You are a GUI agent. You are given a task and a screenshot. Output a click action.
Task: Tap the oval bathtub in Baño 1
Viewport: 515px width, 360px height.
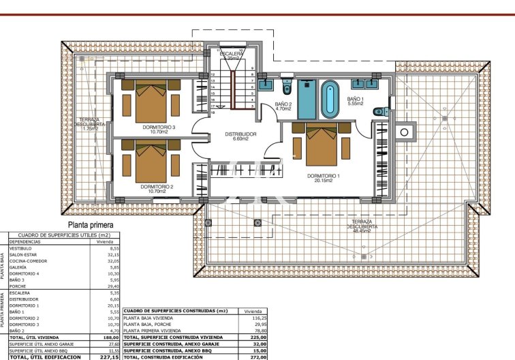tap(330, 99)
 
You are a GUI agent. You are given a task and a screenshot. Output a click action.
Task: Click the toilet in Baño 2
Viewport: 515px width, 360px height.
tap(287, 89)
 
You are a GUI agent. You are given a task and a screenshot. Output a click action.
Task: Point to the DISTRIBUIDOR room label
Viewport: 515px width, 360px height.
tap(240, 134)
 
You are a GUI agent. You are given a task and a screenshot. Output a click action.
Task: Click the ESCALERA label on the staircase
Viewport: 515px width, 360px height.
tap(232, 53)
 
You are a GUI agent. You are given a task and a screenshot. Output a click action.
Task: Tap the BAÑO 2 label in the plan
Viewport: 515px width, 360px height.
tap(283, 104)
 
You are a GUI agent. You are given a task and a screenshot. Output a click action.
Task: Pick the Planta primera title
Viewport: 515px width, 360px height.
tap(90, 224)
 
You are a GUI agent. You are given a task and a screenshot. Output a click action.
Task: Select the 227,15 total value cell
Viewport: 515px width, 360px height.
tap(109, 357)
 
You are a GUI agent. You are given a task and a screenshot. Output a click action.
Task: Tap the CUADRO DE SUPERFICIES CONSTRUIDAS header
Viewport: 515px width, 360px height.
tap(176, 311)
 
